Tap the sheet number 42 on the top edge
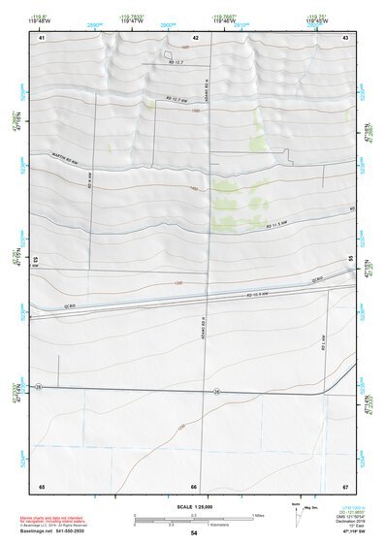[196, 38]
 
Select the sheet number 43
[345, 38]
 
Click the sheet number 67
[345, 486]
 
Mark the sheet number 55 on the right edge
[350, 259]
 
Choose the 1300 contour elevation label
[177, 283]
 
